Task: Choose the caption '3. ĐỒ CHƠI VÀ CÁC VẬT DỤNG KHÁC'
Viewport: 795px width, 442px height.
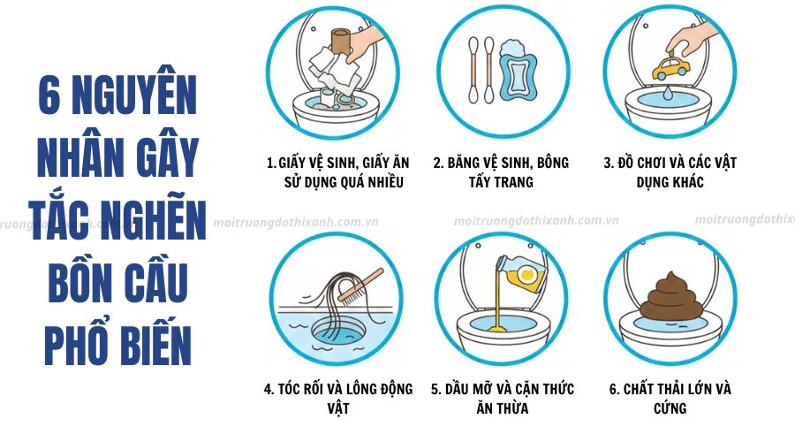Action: pyautogui.click(x=670, y=171)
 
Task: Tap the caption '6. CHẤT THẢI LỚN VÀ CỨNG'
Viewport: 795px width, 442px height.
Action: pyautogui.click(x=671, y=398)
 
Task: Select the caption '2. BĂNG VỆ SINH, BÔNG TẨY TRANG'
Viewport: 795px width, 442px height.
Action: pyautogui.click(x=501, y=171)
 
